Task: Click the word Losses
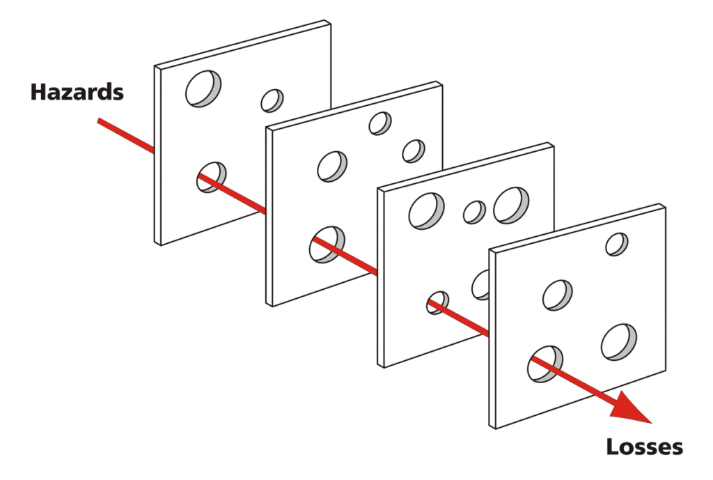click(x=644, y=446)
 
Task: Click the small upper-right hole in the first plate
click(x=272, y=100)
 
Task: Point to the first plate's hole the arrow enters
click(x=211, y=177)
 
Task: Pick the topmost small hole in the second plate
click(x=380, y=123)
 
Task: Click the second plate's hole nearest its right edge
click(x=414, y=150)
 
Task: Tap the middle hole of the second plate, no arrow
click(x=332, y=166)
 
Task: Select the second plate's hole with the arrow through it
click(x=327, y=244)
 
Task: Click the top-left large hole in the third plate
click(x=426, y=210)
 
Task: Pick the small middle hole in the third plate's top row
click(x=475, y=212)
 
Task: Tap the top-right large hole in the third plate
click(x=511, y=205)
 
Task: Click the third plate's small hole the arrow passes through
click(x=438, y=302)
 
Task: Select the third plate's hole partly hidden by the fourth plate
click(x=481, y=284)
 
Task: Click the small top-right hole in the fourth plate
click(x=617, y=244)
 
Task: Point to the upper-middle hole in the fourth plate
click(x=558, y=294)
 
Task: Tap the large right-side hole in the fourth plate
click(x=620, y=341)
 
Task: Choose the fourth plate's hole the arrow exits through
click(x=546, y=362)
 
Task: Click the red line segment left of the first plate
click(x=125, y=134)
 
